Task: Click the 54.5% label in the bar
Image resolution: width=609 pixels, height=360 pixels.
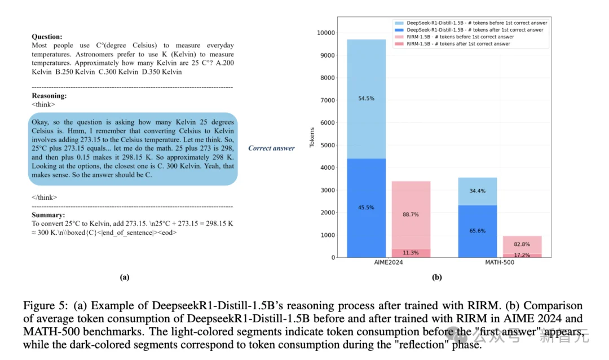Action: [367, 98]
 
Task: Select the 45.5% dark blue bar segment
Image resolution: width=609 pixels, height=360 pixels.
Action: [367, 208]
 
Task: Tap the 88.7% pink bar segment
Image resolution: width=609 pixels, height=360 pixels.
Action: [411, 214]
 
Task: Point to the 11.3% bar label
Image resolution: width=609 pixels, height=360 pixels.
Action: [411, 253]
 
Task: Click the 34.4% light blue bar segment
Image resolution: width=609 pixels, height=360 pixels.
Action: [477, 191]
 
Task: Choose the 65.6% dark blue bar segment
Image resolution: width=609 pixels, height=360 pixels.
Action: [477, 231]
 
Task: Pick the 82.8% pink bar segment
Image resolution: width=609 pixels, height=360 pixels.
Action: [522, 244]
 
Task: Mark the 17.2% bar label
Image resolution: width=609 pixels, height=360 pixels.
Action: [522, 255]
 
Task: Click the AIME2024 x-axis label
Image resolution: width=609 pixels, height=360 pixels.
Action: [389, 263]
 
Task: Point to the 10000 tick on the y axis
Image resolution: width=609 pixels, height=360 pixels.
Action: [326, 33]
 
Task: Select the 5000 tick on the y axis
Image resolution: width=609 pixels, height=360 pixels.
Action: [328, 146]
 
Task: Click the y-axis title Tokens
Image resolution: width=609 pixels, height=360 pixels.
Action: [312, 137]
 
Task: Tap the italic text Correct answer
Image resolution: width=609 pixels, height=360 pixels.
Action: [271, 148]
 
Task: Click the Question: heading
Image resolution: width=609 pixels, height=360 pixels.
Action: [46, 37]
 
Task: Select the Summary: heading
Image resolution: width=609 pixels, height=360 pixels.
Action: [48, 215]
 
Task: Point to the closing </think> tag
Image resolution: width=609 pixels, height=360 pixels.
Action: [44, 197]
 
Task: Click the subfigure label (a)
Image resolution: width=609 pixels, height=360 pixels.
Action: [125, 276]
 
